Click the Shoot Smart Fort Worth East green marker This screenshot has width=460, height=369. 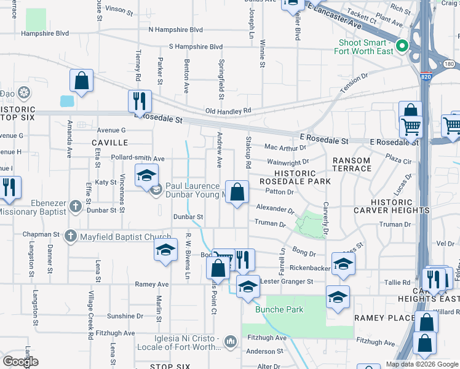(402, 46)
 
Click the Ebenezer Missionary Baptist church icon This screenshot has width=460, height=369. (75, 205)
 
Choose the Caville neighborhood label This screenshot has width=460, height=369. (109, 142)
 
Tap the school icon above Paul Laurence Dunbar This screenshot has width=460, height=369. (146, 175)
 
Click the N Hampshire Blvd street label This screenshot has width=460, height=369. (175, 30)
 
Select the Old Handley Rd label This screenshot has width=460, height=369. (229, 111)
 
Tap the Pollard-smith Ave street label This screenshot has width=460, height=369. (138, 158)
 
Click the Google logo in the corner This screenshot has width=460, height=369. (21, 362)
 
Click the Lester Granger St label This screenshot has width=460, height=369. (287, 281)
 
